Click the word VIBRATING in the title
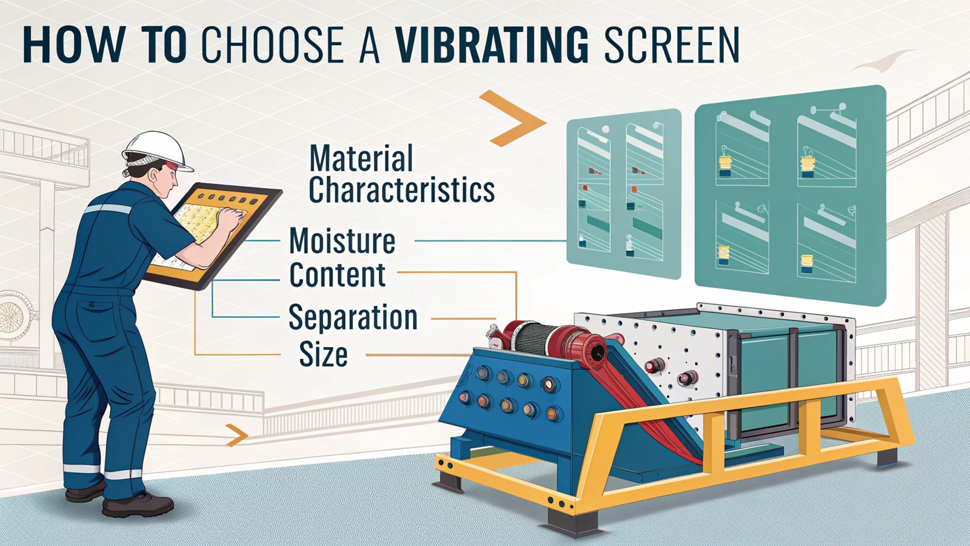click(x=491, y=44)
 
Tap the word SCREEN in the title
click(x=672, y=44)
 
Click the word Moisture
click(x=343, y=241)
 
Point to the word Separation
click(x=353, y=317)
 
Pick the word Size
click(x=323, y=355)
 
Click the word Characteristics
click(x=401, y=190)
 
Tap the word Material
click(x=361, y=158)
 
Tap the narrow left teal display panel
click(x=623, y=193)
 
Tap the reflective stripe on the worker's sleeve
click(x=109, y=209)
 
